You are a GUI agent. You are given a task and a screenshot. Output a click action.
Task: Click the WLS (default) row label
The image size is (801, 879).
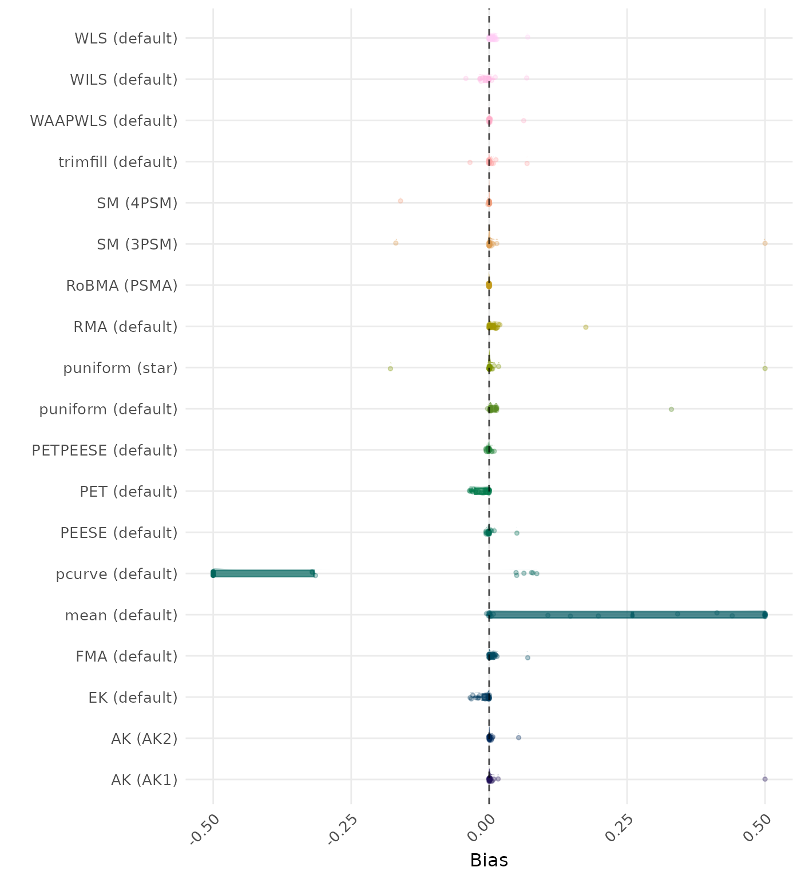click(x=126, y=38)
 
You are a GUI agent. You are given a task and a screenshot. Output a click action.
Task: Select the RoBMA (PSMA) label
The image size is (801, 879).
click(x=121, y=286)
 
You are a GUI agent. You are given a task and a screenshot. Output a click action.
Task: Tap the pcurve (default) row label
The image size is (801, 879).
click(x=117, y=574)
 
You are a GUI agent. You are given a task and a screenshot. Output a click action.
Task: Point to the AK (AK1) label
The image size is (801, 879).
click(x=144, y=780)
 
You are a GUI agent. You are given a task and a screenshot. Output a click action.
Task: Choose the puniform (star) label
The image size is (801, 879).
click(x=120, y=368)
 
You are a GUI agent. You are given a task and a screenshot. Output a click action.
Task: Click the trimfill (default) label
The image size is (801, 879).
click(x=118, y=162)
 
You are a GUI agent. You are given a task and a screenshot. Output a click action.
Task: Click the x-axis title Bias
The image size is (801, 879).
click(x=489, y=860)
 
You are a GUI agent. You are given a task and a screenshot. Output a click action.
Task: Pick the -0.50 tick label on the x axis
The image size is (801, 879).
click(x=205, y=829)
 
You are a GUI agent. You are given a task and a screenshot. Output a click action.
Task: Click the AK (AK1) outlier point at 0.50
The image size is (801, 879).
click(x=765, y=779)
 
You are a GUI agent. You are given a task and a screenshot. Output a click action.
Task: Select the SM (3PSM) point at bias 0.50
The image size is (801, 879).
click(x=765, y=243)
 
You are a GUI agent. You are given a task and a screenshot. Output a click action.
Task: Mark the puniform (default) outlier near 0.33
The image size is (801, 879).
click(x=671, y=409)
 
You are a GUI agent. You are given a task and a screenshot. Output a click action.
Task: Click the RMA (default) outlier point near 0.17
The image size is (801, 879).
click(x=585, y=327)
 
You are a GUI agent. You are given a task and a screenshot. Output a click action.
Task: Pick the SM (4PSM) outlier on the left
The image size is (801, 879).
click(x=400, y=201)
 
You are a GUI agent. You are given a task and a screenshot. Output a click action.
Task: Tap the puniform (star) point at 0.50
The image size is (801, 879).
click(x=765, y=368)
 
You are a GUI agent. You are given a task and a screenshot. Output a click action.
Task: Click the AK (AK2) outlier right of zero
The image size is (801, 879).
click(x=518, y=738)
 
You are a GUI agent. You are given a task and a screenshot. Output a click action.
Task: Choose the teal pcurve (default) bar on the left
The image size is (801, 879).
click(x=263, y=573)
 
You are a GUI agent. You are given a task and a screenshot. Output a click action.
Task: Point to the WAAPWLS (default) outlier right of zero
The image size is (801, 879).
click(x=523, y=121)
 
